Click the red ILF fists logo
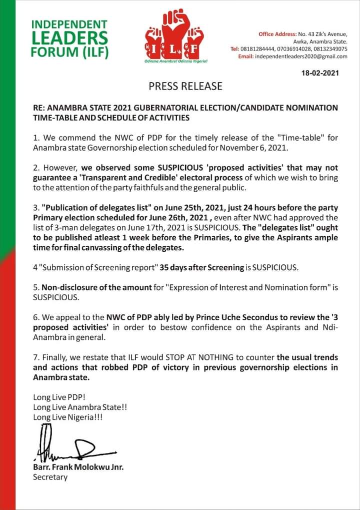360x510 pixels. (174, 39)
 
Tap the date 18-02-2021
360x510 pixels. (320, 73)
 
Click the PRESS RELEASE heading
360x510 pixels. (185, 86)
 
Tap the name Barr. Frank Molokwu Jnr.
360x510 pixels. (78, 467)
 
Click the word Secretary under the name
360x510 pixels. (50, 477)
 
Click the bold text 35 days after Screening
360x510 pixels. (201, 268)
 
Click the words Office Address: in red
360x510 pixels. (277, 34)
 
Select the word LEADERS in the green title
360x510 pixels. (69, 38)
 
